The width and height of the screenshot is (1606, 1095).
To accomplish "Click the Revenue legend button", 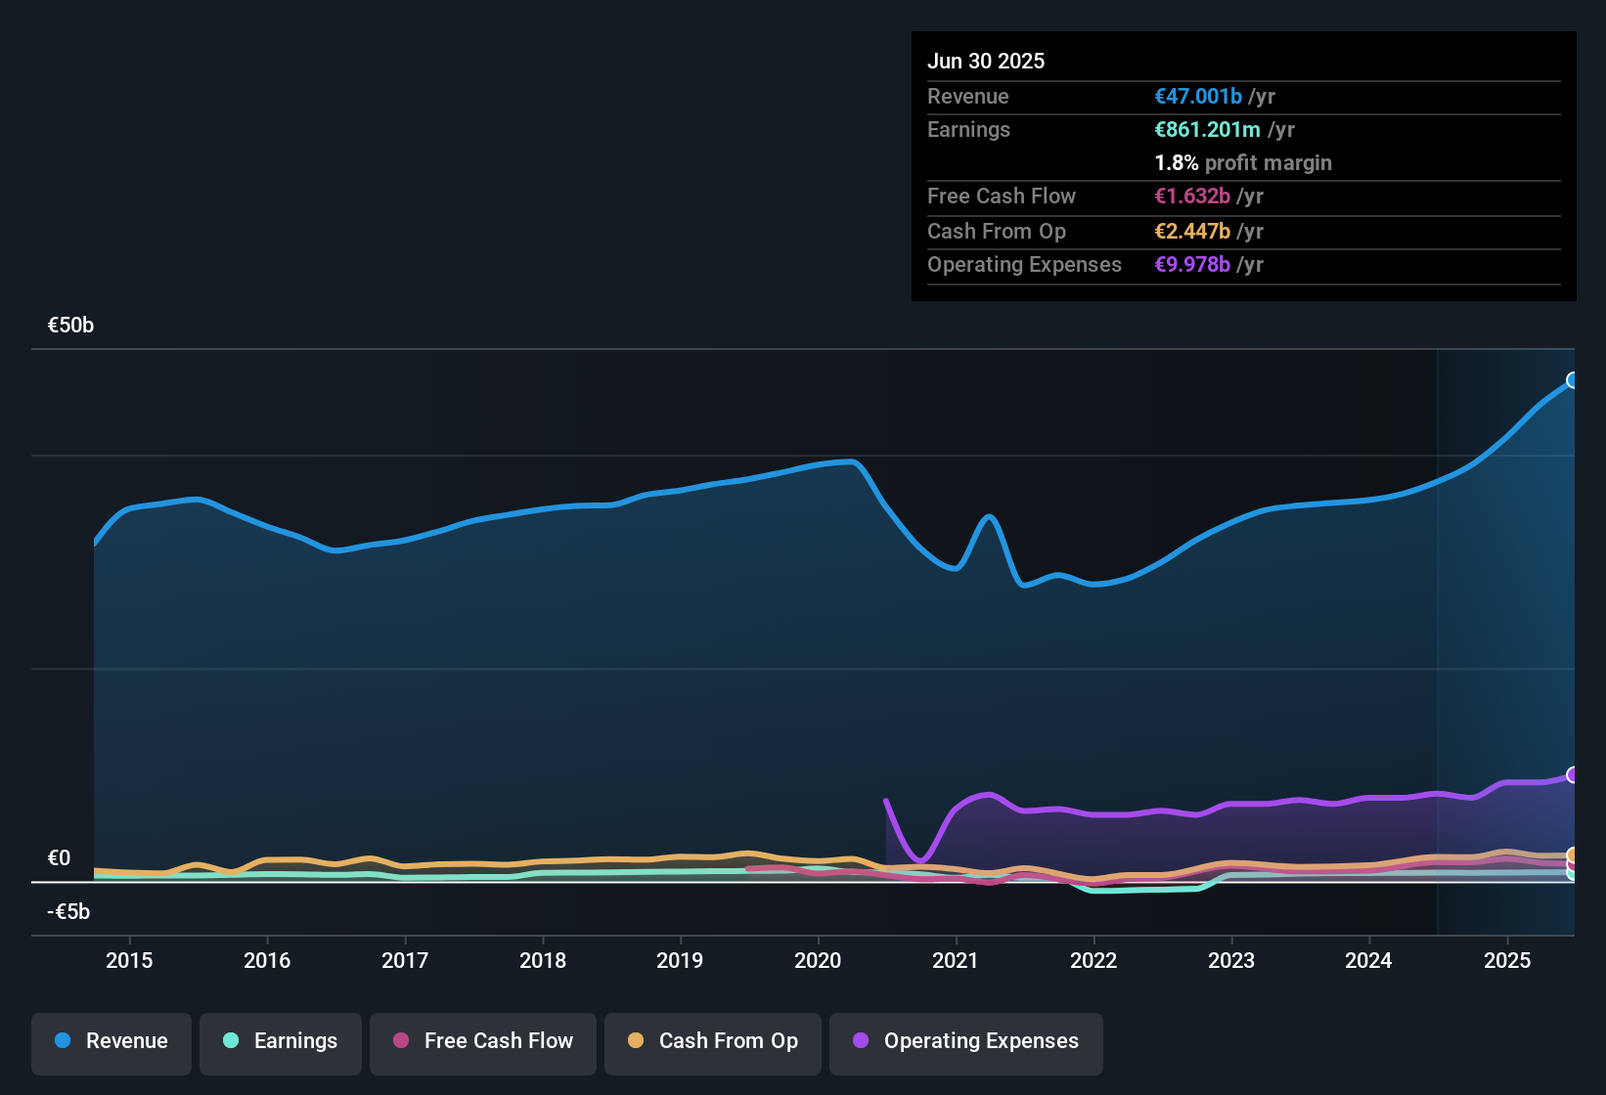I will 112,1041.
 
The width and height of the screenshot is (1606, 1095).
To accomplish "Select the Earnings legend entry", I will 281,1041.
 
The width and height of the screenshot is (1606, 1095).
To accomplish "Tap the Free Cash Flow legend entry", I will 483,1041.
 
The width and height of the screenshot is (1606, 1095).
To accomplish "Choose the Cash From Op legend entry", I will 713,1041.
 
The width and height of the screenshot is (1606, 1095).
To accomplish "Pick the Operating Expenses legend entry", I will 966,1041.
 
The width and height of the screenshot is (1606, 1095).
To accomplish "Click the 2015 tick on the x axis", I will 129,960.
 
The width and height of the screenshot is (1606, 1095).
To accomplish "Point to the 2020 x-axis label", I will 818,960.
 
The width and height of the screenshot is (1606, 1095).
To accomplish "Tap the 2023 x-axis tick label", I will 1231,960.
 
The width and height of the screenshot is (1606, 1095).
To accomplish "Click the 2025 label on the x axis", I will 1507,960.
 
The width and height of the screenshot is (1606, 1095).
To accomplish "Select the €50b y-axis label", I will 70,326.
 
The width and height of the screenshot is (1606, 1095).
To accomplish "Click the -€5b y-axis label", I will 68,911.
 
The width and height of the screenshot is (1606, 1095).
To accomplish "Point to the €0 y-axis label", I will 59,857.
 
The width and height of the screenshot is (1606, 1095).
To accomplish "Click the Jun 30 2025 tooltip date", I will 986,61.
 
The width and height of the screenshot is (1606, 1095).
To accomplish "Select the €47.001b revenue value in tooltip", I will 1198,96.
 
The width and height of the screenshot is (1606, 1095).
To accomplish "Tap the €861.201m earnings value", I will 1207,129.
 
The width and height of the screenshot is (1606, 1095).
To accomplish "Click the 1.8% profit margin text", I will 1243,162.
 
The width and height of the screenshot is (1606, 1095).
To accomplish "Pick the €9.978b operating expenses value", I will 1192,264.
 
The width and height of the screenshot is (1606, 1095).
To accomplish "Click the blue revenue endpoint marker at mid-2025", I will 1573,380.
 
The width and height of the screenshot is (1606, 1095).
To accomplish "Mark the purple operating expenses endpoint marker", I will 1573,775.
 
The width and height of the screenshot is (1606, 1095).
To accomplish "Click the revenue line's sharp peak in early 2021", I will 990,516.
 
